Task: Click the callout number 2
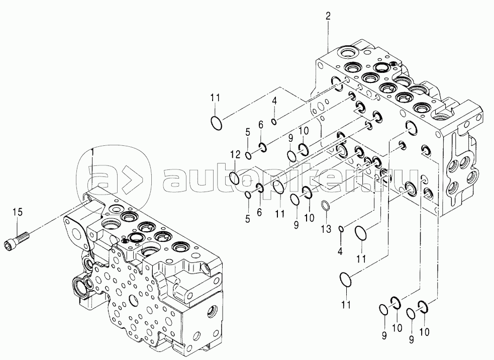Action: (x=328, y=17)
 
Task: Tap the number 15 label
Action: (x=18, y=212)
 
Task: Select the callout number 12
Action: (x=235, y=154)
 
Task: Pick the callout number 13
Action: (x=326, y=229)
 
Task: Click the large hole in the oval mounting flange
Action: (x=77, y=234)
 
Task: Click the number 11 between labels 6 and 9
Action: (x=280, y=214)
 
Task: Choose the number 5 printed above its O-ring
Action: (x=248, y=132)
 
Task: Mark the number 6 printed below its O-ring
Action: (x=259, y=213)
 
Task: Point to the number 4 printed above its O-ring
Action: (x=274, y=101)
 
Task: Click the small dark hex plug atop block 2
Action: (x=393, y=64)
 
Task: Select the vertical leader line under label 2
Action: (x=328, y=37)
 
